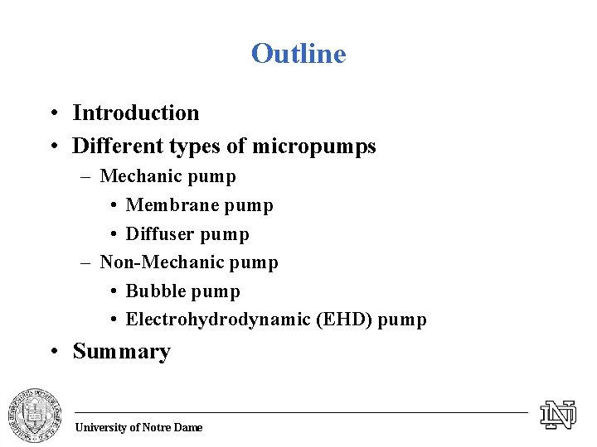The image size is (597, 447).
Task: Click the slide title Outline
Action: coord(298,54)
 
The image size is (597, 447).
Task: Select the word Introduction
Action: coord(136,113)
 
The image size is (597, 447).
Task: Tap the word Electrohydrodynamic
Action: coord(218,320)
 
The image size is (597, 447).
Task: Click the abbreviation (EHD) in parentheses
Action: coord(344,320)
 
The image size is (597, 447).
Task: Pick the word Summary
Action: coord(122,351)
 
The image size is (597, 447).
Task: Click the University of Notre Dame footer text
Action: coord(138,427)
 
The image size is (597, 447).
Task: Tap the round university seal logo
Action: coord(35,414)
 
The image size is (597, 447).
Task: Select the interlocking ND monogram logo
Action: coord(558,414)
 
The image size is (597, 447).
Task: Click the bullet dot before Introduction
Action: coord(52,113)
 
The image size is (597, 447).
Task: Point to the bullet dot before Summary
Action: coord(52,352)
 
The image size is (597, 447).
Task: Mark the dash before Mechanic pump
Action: coord(86,176)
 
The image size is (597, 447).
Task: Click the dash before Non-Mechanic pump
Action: coord(86,263)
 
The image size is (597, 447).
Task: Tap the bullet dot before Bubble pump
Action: coord(112,292)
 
